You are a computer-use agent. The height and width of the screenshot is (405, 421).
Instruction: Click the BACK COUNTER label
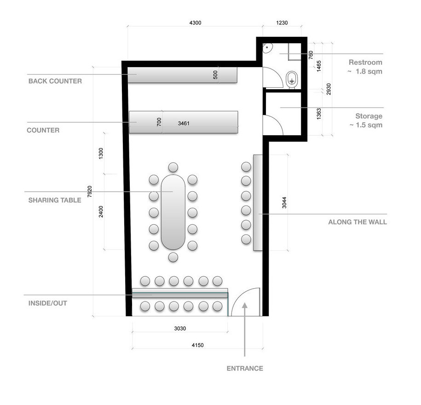point(55,81)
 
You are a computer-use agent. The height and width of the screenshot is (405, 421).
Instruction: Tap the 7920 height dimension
point(90,192)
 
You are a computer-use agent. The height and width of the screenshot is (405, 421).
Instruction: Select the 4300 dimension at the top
point(195,23)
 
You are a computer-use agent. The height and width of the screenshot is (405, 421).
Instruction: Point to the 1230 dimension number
point(282,23)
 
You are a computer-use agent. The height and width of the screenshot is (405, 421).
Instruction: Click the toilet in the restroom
point(292,80)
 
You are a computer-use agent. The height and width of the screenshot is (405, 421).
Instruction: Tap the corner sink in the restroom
point(267,48)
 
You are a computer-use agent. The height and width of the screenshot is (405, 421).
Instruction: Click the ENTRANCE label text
point(245,368)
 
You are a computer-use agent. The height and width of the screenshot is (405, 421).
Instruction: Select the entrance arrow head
point(245,306)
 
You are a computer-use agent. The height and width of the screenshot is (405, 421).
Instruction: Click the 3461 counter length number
point(184,123)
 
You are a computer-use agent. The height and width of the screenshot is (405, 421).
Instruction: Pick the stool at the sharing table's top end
point(173,167)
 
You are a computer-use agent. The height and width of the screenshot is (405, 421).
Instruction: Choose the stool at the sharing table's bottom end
point(173,257)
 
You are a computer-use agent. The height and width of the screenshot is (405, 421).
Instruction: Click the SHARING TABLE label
point(55,200)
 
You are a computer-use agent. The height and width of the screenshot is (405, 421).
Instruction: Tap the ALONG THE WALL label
point(358,222)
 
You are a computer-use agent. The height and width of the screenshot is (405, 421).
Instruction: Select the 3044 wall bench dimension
point(284,203)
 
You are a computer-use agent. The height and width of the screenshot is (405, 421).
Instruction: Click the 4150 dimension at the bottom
point(197,345)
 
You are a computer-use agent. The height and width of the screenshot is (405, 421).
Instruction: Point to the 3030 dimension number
point(180,329)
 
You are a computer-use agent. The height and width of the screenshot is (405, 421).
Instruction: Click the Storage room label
point(369,116)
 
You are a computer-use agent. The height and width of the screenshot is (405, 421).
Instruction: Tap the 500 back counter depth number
point(215,75)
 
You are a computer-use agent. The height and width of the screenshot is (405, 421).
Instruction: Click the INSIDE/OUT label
point(47,303)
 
